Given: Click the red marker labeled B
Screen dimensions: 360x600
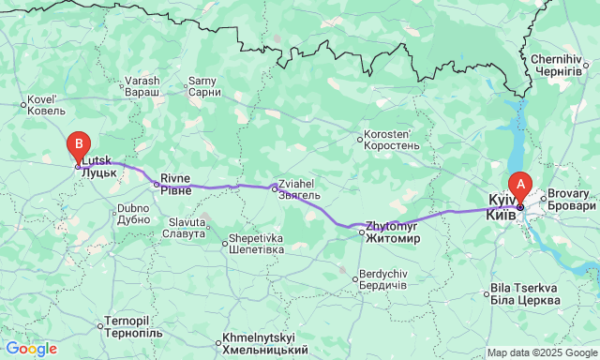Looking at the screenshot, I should [80, 147].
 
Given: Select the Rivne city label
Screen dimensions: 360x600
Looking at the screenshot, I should [175, 184].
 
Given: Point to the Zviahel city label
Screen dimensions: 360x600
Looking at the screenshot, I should [300, 189].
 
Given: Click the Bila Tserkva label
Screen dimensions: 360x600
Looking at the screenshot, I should [526, 292].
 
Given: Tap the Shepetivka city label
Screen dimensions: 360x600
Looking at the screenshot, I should [257, 244].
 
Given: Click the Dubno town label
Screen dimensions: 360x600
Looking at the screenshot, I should [134, 213].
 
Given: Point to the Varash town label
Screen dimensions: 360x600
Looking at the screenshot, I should [142, 86].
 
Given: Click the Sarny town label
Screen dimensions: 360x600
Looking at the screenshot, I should [203, 86].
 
